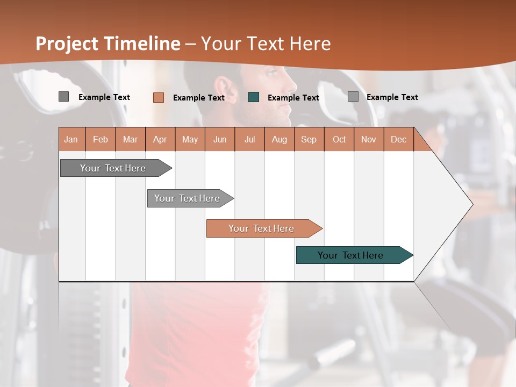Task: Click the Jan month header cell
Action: coord(71,139)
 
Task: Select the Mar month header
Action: coord(130,139)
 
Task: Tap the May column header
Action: coord(190,139)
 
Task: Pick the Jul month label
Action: coord(249,139)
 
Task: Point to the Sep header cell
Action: coord(309,139)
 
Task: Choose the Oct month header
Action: coord(339,139)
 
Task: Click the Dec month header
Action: coord(398,139)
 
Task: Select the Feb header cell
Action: coord(101,139)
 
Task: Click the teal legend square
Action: coord(254,97)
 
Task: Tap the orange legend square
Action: coord(159,97)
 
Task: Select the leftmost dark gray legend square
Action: coord(63,97)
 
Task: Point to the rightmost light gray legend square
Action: coord(353,97)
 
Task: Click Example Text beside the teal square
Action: coord(293,98)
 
